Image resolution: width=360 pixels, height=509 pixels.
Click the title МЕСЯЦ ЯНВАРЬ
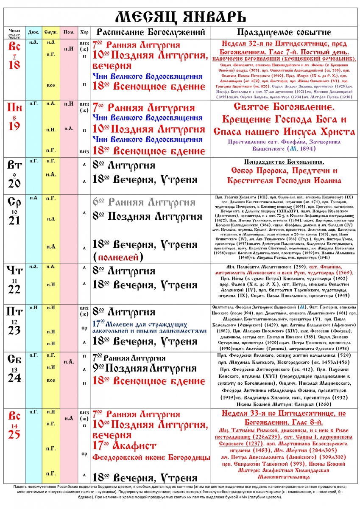coord(180,17)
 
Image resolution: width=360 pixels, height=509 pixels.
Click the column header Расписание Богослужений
coord(151,32)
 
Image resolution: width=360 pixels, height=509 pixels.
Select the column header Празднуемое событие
coord(284,32)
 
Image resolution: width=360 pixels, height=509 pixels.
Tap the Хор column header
coord(84,32)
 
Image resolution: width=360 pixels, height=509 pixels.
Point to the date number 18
coord(14,64)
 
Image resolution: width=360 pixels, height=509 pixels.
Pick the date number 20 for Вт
coord(14,183)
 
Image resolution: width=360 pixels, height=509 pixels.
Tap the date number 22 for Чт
coord(14,289)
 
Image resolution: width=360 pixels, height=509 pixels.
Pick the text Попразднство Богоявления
coord(285,162)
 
